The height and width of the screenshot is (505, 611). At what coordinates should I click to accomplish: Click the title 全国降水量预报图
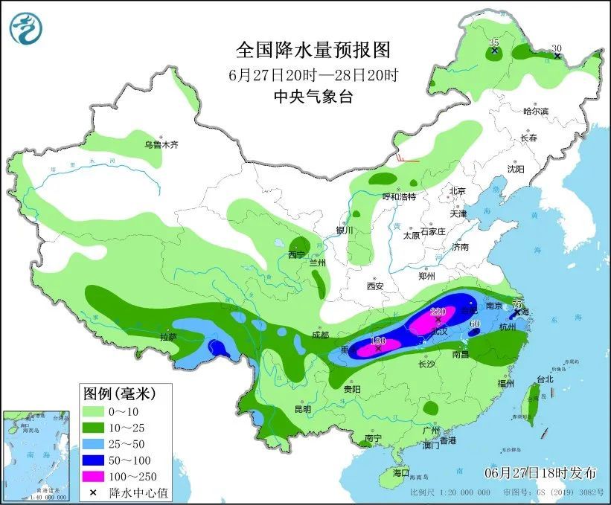pyautogui.click(x=313, y=51)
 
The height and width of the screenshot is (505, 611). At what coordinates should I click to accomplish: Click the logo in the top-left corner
pyautogui.click(x=26, y=28)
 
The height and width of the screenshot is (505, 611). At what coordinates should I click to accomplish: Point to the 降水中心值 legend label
pyautogui.click(x=134, y=492)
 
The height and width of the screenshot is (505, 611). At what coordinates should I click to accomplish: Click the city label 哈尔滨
pyautogui.click(x=535, y=112)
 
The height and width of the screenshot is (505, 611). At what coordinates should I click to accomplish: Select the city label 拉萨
pyautogui.click(x=168, y=337)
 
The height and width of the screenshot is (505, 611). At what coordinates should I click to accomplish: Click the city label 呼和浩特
pyautogui.click(x=399, y=196)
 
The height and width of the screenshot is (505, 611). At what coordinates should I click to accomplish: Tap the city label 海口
pyautogui.click(x=400, y=472)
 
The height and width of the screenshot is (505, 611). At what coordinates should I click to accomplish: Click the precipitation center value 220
pyautogui.click(x=437, y=312)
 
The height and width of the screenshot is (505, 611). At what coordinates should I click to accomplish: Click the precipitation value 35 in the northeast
pyautogui.click(x=494, y=43)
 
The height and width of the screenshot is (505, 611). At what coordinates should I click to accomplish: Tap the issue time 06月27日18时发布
pyautogui.click(x=541, y=472)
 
